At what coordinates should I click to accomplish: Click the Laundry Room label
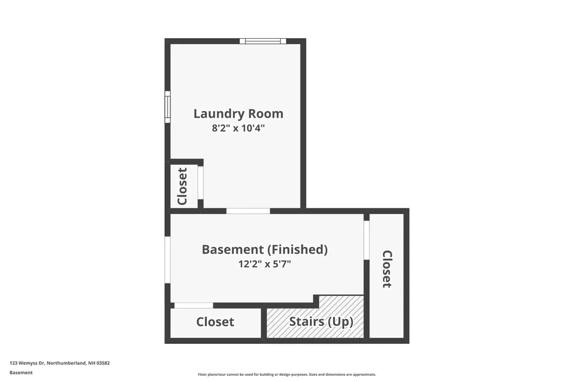click(238, 114)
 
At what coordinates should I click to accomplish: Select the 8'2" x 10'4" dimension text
click(238, 128)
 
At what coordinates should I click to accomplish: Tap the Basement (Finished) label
click(265, 249)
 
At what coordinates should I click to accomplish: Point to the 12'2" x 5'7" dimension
click(265, 263)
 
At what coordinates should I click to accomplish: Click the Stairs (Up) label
click(321, 322)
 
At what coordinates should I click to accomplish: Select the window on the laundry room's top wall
click(263, 41)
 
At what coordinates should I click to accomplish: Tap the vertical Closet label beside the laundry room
click(182, 187)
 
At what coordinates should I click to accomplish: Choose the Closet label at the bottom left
click(215, 322)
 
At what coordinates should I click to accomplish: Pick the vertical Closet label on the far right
click(387, 269)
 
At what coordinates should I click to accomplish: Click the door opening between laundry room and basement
click(248, 211)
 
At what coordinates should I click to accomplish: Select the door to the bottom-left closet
click(193, 306)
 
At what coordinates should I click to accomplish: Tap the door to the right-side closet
click(367, 240)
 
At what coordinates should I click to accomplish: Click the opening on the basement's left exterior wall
click(167, 259)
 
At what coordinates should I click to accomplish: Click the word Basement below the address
click(21, 372)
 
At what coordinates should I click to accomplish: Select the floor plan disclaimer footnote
click(286, 375)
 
